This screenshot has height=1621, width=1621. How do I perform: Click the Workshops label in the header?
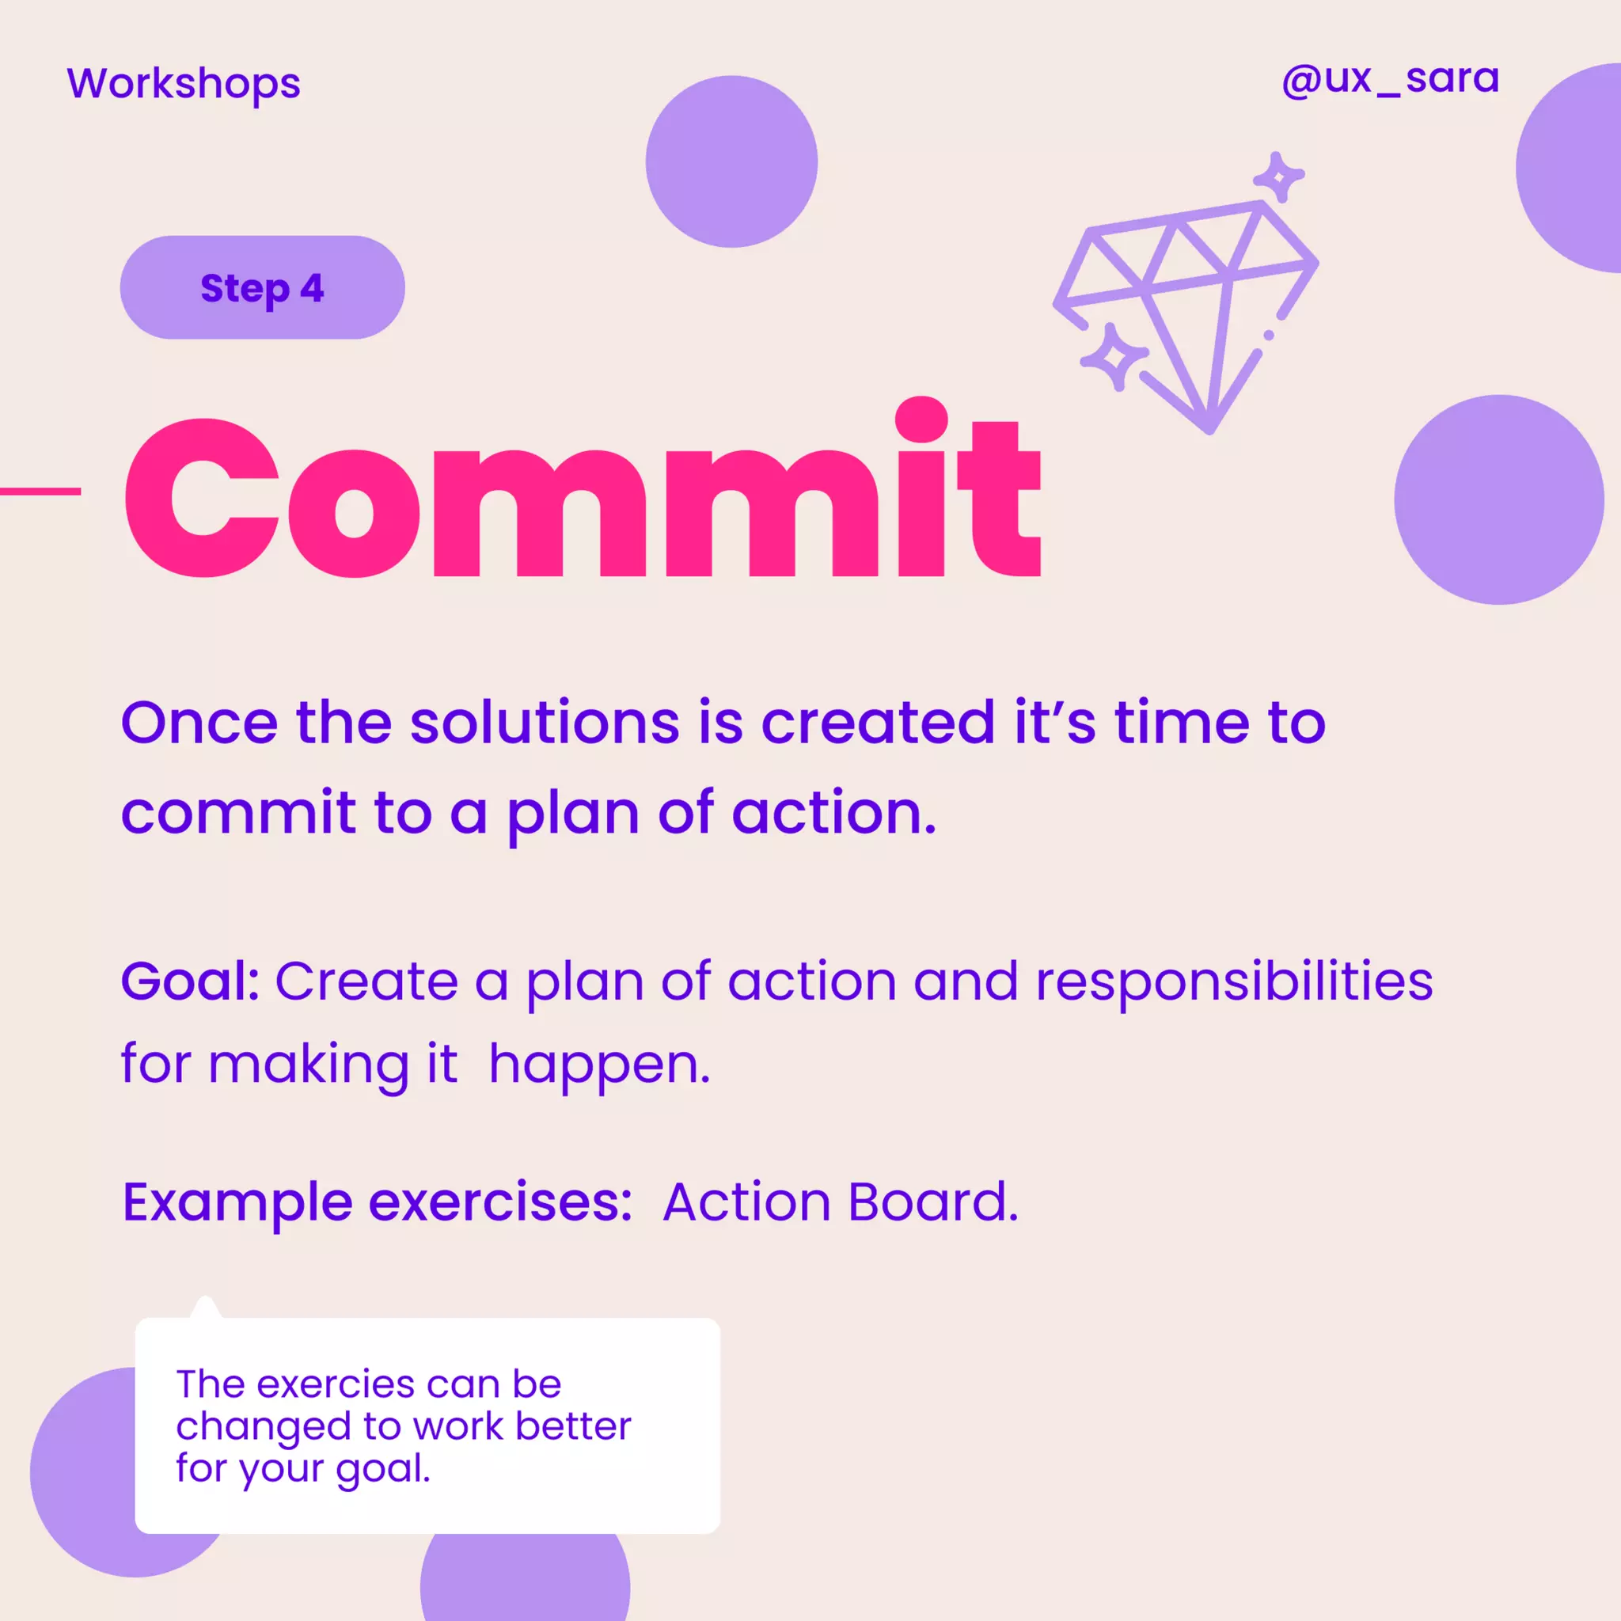tap(183, 83)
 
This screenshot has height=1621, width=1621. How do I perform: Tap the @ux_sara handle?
tap(1389, 80)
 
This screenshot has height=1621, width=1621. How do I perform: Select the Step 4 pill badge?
tap(262, 288)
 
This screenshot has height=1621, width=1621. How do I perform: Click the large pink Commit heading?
tap(583, 495)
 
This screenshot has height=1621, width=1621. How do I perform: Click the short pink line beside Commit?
tap(40, 491)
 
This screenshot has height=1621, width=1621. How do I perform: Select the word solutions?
tap(545, 723)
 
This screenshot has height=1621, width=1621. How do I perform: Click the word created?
tap(877, 723)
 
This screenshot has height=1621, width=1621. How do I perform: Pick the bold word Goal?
tap(191, 981)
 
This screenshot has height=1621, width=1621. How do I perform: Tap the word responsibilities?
tap(1233, 981)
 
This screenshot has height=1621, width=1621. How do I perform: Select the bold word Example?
tap(237, 1202)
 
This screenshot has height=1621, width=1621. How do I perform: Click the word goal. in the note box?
tap(383, 1468)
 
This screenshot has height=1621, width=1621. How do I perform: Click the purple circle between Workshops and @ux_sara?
tap(731, 162)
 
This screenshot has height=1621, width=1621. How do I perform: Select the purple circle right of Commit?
tap(1498, 500)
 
